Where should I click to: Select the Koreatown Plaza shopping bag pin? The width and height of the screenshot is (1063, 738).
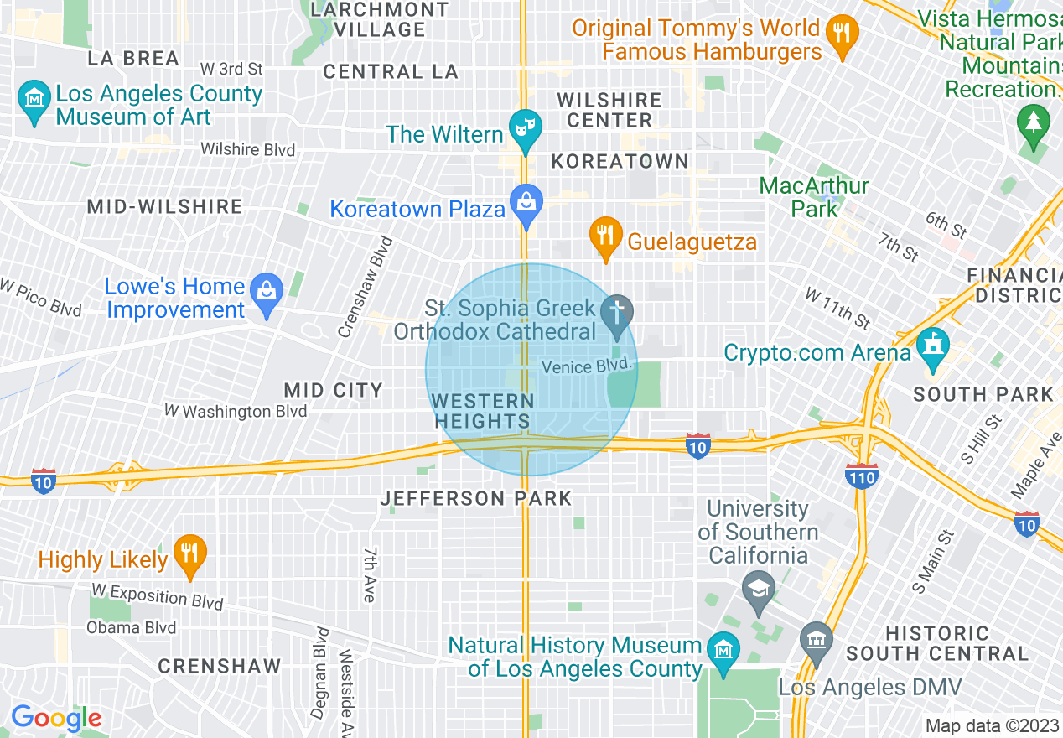[x=526, y=205]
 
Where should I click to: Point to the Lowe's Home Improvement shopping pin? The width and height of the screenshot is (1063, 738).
[x=267, y=294]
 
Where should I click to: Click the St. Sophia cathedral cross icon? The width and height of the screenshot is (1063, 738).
[x=617, y=314]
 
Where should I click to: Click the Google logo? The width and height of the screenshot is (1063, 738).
[x=56, y=719]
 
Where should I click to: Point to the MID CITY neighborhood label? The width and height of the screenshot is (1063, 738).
[x=333, y=390]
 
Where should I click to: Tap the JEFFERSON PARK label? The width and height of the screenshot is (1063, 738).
[x=476, y=499]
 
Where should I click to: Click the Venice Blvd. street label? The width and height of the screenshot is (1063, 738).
[x=586, y=367]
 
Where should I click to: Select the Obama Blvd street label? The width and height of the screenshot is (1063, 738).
[x=132, y=627]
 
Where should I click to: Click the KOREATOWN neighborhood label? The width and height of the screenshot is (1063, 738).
[x=620, y=161]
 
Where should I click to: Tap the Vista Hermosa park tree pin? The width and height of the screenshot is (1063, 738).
[x=1033, y=125]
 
